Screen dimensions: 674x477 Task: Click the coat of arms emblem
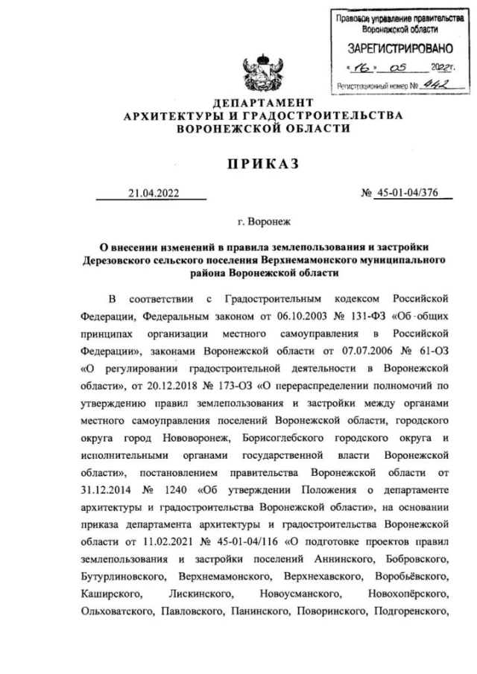point(260,74)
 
